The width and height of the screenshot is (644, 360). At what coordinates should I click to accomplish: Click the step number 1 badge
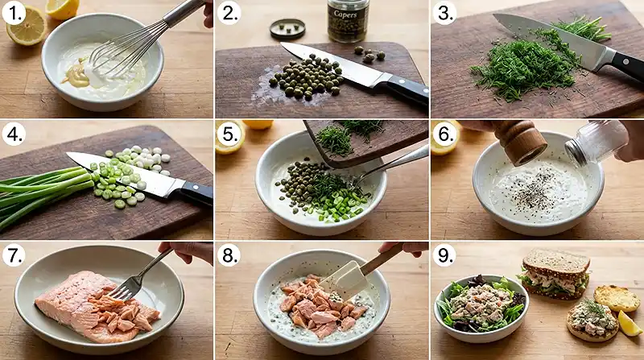point(14,14)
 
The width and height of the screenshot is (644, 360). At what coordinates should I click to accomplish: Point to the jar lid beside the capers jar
point(287,30)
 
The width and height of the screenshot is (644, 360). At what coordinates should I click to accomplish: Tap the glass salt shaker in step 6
point(597,141)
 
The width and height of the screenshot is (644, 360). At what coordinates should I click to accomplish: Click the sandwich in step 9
point(556,273)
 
